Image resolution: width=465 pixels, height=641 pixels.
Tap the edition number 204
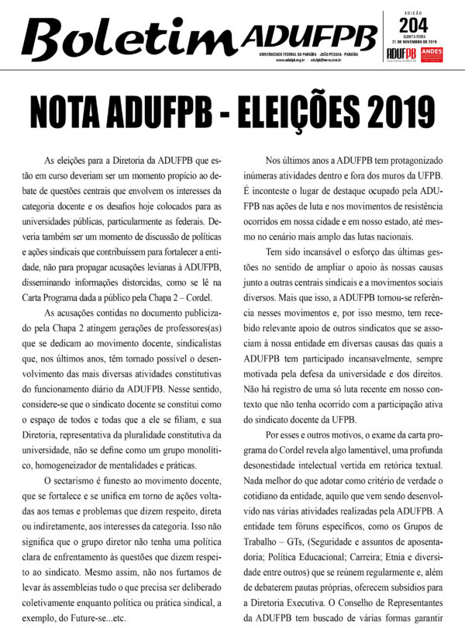point(412,21)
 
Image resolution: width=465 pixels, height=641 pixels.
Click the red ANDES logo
point(436,53)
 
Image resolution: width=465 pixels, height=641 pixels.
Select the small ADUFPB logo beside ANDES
point(401,53)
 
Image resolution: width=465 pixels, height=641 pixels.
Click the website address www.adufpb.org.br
point(292,60)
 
